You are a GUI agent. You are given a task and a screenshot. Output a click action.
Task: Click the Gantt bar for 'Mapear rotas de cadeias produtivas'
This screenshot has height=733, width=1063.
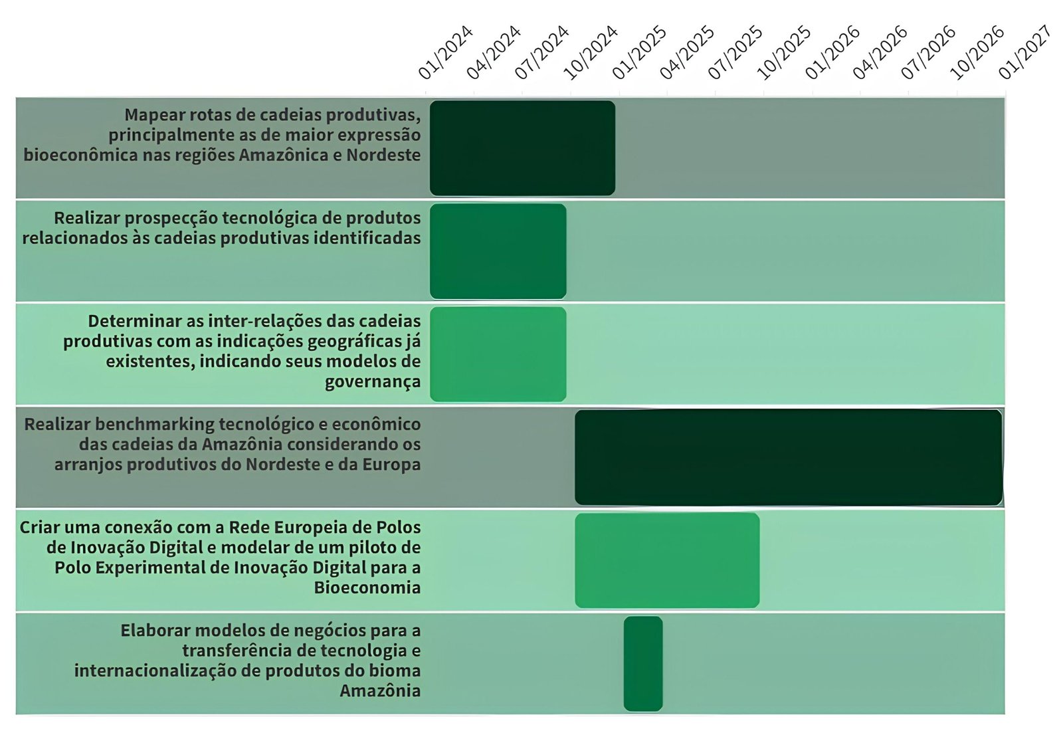point(522,148)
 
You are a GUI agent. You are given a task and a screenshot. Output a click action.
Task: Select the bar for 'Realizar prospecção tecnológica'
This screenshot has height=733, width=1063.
point(498,251)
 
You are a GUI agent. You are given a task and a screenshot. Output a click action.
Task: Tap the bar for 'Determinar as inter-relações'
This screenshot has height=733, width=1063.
point(498,354)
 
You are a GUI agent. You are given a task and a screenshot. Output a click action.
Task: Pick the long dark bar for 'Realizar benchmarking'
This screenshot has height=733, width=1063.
point(788,457)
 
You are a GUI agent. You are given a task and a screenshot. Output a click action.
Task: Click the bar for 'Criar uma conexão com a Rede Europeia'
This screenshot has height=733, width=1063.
point(667,560)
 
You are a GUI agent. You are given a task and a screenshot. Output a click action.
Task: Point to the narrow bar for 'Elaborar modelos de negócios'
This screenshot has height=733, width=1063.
point(643,663)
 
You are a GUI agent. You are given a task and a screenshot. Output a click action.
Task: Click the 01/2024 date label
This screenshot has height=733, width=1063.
point(445,52)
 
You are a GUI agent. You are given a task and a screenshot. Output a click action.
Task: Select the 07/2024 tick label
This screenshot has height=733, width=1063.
point(541,52)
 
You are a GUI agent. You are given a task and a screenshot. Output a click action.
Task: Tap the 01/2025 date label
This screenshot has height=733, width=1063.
point(638,52)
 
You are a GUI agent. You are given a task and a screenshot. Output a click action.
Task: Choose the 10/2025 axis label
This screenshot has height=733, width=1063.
point(783,52)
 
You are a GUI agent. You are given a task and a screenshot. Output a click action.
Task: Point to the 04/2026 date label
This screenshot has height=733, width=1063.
point(880,52)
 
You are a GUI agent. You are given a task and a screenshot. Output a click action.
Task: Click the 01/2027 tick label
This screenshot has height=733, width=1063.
point(1024,52)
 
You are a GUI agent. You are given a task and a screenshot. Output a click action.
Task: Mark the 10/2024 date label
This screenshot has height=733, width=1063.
point(590,52)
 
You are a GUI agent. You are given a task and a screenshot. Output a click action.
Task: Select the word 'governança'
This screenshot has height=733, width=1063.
point(372,382)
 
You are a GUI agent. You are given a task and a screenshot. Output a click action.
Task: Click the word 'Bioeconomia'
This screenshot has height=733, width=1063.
point(367,587)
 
